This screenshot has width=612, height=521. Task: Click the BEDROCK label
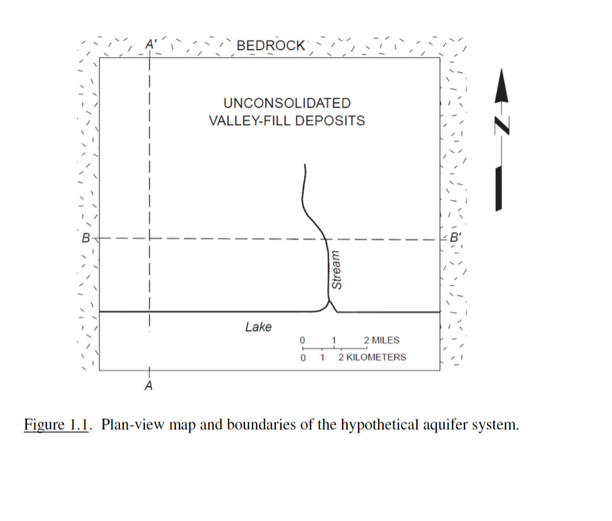[271, 46]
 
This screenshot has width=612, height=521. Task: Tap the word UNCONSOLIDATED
[287, 103]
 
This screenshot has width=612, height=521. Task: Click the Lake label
[258, 327]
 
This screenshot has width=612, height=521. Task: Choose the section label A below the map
[149, 386]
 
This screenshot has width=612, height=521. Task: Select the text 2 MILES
[381, 340]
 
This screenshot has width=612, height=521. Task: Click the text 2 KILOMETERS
[372, 357]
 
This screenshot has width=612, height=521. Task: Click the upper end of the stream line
[305, 166]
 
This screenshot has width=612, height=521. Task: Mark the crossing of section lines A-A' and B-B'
[149, 238]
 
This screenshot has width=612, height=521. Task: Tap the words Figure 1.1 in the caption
[55, 425]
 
